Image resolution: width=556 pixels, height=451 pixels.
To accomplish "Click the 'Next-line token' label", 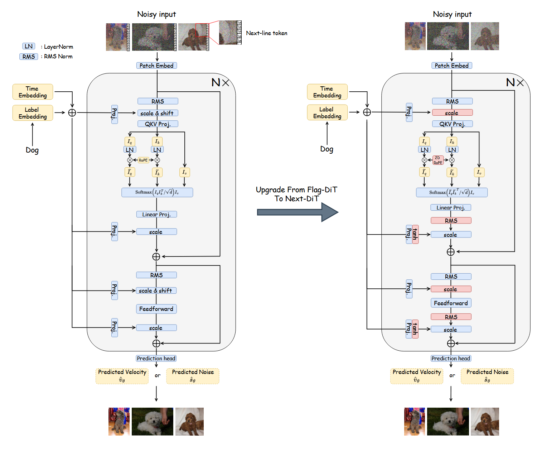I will coord(266,33).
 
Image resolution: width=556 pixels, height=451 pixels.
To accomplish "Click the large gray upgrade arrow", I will coord(297,212).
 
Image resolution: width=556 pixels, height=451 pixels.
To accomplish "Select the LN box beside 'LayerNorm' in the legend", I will coord(29,46).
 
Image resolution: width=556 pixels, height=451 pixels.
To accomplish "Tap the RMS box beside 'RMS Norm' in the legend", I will coord(29,57).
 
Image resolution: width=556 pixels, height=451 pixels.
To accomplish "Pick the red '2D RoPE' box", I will coord(438,160).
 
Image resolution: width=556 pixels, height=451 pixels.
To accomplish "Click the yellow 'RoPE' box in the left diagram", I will coord(143,160).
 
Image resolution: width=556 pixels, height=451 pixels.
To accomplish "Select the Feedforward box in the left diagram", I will coord(156,309).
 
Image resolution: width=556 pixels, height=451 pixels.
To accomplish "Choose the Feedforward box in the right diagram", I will coord(451,303).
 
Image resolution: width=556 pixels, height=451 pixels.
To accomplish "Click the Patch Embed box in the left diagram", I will coord(156,66).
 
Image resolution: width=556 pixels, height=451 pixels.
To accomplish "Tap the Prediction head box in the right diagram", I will coord(451,358).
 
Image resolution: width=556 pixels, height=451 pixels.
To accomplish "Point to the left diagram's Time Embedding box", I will coord(33,92).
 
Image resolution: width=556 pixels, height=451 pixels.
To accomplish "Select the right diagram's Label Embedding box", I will coord(327,112).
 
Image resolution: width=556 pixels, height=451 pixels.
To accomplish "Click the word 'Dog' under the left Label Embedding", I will coord(32,150).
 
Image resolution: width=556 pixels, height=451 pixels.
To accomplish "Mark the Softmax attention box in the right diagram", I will coord(451,192).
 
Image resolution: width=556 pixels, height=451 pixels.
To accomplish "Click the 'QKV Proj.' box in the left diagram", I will coord(158,124).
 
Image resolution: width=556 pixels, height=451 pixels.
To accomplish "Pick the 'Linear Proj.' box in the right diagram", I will coord(450,207).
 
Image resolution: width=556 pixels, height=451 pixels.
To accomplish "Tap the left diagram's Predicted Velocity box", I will coord(122,376).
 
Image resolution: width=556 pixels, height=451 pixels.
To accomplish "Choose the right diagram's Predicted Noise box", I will coord(487,376).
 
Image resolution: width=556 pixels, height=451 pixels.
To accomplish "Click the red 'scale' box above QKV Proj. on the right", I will coord(452,113).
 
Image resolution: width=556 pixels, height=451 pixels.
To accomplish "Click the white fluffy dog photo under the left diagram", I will coord(153,422).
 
